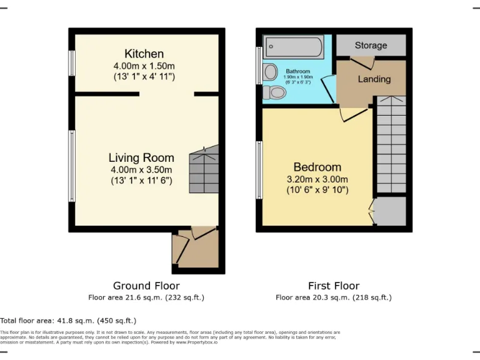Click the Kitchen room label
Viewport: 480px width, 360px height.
[x=144, y=54]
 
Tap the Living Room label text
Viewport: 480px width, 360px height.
[x=141, y=157]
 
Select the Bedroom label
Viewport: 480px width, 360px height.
[x=317, y=167]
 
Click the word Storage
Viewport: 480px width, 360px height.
[x=371, y=46]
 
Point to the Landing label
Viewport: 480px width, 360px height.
[x=374, y=79]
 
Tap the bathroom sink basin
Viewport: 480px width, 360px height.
[x=271, y=71]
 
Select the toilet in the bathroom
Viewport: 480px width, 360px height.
[x=274, y=93]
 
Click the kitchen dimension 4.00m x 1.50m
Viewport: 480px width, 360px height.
[x=144, y=65]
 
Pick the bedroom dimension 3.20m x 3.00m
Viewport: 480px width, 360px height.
[x=317, y=179]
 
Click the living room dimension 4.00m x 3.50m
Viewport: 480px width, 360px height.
[x=141, y=169]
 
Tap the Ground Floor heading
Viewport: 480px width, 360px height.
[x=146, y=286]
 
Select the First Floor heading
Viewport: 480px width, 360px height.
[x=334, y=286]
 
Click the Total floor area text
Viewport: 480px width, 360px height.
[x=68, y=321]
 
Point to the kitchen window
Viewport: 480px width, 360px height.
[x=72, y=63]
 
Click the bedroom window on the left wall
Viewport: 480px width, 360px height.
[x=259, y=170]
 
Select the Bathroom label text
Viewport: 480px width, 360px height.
[x=297, y=72]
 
